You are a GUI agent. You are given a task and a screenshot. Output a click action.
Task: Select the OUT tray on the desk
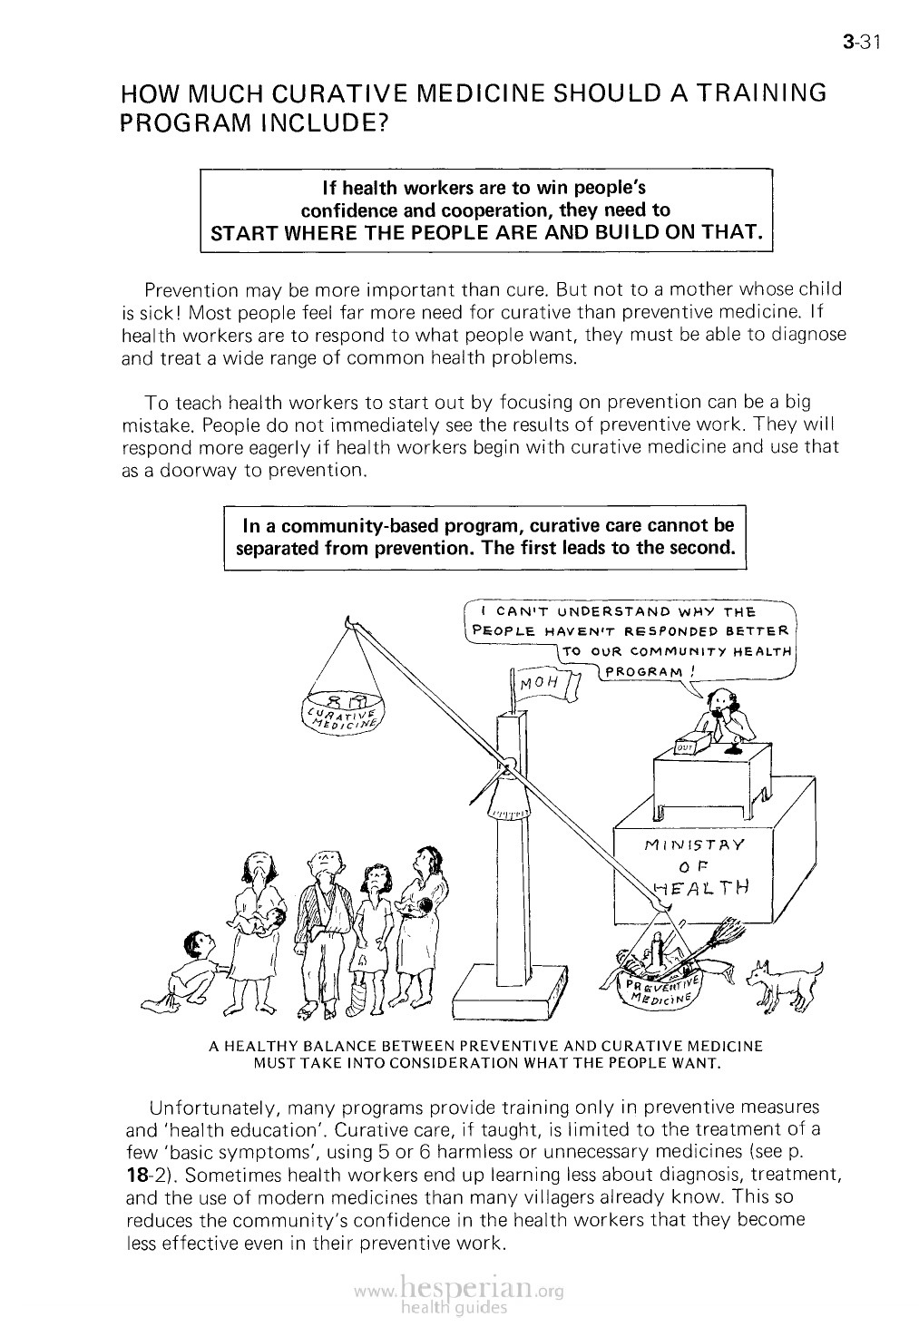pyautogui.click(x=686, y=746)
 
